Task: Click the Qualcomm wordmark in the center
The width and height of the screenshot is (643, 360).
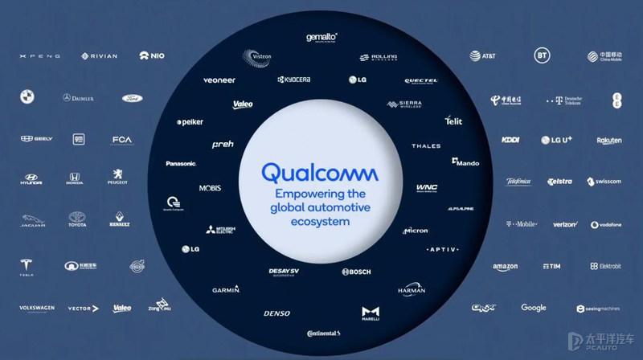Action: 321,174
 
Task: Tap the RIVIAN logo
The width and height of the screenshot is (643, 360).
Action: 99,56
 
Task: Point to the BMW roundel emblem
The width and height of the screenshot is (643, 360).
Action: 27,97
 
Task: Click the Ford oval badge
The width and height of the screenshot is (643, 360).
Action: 132,98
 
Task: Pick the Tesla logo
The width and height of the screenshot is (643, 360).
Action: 27,268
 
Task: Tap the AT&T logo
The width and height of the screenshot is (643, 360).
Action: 483,56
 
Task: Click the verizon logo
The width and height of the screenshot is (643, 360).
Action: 565,225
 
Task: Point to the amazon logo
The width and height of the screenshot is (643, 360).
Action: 506,267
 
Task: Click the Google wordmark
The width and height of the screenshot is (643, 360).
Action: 533,308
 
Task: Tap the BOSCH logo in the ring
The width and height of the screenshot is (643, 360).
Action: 356,272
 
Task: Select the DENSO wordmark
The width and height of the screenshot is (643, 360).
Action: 276,313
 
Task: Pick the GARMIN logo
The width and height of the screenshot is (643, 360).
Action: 226,289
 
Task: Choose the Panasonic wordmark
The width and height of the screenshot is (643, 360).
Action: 181,164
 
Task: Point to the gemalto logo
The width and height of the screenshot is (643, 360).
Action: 321,37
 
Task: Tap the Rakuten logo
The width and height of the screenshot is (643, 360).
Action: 608,141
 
